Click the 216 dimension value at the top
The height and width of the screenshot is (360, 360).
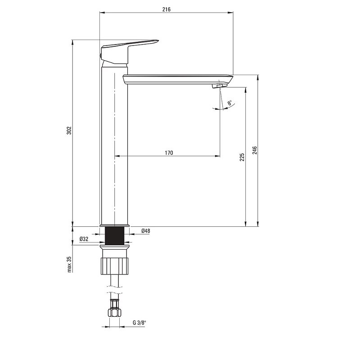(x=166, y=9)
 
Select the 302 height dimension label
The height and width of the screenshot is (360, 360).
(x=69, y=130)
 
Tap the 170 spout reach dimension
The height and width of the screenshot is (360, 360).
(x=169, y=153)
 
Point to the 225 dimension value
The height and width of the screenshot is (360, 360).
(x=242, y=157)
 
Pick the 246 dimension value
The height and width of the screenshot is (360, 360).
(x=255, y=150)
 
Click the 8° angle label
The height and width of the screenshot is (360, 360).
(x=230, y=103)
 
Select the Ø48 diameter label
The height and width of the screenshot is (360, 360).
(x=145, y=231)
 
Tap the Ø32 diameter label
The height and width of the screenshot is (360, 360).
(x=84, y=239)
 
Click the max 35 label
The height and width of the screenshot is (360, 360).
(x=69, y=264)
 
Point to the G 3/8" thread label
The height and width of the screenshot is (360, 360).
(x=139, y=323)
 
